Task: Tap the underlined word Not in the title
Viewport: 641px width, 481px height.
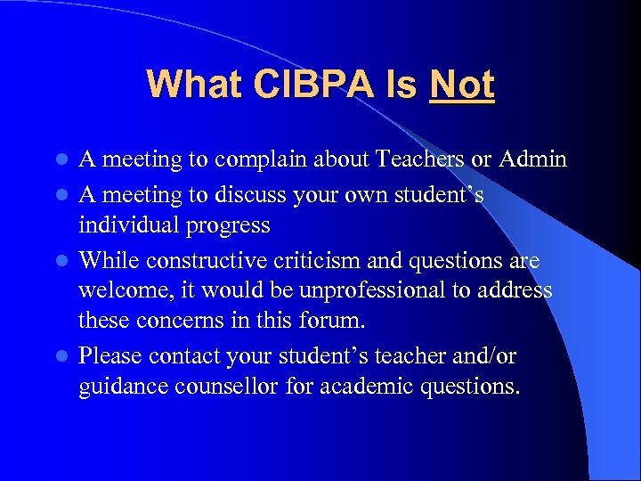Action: tap(461, 86)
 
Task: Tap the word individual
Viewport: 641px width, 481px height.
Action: tap(130, 225)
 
